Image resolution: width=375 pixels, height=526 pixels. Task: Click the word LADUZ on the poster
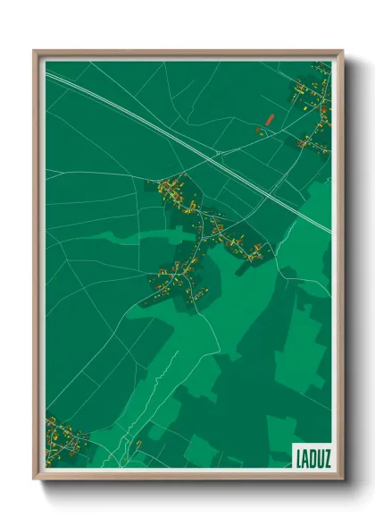[310, 456]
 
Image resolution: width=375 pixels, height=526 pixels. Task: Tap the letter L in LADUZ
[296, 456]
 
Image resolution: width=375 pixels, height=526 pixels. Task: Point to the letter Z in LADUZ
[324, 456]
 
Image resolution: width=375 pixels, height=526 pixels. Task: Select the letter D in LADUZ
[310, 456]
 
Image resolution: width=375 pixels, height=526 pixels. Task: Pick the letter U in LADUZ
[317, 456]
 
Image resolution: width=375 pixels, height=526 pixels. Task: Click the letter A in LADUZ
[303, 456]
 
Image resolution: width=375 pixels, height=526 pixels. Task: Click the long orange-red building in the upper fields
[268, 117]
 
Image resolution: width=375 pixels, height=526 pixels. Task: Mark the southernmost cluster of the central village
[179, 280]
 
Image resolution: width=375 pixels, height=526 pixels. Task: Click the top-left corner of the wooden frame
[34, 51]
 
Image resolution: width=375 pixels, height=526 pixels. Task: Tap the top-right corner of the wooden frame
[343, 51]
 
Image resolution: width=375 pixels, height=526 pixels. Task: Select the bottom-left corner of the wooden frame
[34, 479]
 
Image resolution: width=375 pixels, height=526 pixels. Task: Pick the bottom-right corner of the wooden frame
[343, 479]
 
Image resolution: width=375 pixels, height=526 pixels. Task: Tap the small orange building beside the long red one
[258, 131]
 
